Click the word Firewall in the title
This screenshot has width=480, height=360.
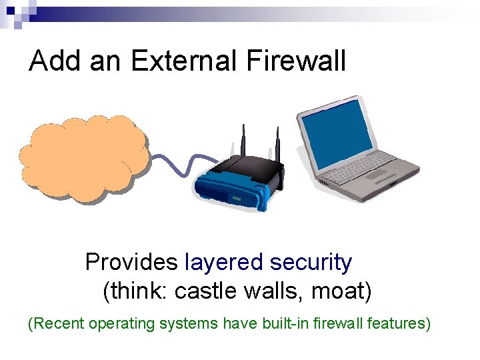[296, 61]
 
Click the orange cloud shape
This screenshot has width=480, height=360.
[83, 157]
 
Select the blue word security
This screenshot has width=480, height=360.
[311, 263]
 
